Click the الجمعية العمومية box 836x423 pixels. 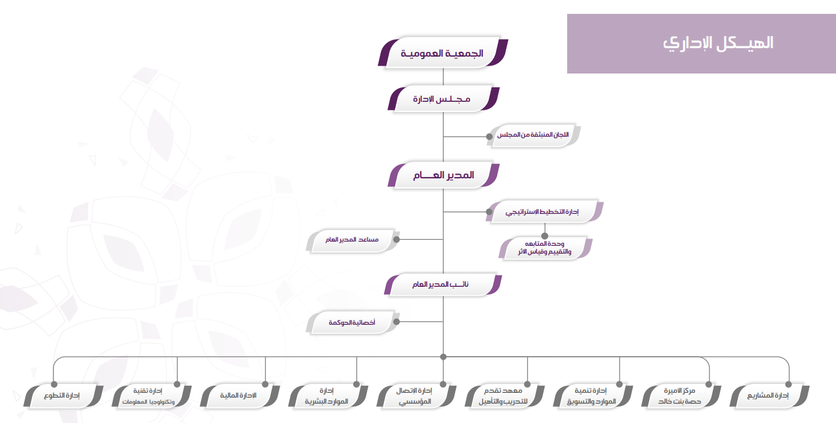point(443,52)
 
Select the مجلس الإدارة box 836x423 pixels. point(444,99)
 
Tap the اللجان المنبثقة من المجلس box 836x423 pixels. point(533,135)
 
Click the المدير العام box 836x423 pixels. point(444,175)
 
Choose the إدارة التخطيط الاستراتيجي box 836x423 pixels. point(544,211)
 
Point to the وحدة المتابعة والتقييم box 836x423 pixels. point(545,248)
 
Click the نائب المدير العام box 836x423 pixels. point(443,284)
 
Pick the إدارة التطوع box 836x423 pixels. point(63,395)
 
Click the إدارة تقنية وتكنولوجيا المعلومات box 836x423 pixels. point(151,395)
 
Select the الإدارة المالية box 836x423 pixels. point(240,395)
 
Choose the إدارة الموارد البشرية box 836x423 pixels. point(328,395)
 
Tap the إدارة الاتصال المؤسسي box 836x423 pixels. point(416,395)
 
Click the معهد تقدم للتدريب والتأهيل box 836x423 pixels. point(504,395)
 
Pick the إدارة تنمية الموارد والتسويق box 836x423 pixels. point(592,395)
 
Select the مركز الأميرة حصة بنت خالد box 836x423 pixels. point(680,395)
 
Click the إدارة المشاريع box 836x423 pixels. point(769,395)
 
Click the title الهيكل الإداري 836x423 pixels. point(718,43)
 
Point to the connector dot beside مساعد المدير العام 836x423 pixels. point(397,239)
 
